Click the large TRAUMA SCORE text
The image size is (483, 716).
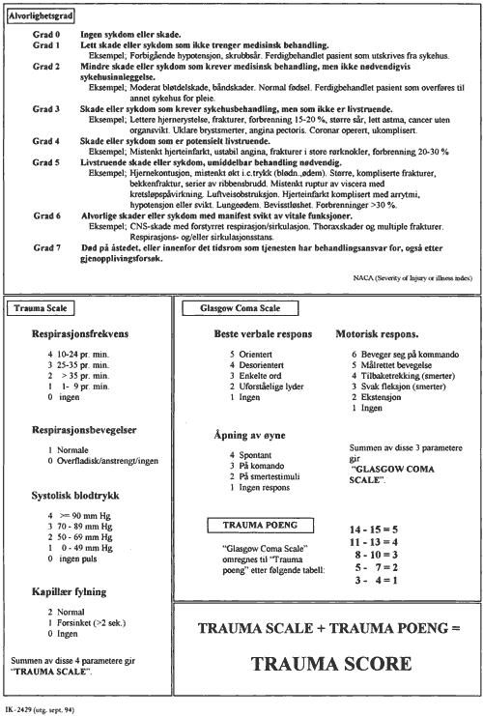click(328, 666)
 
